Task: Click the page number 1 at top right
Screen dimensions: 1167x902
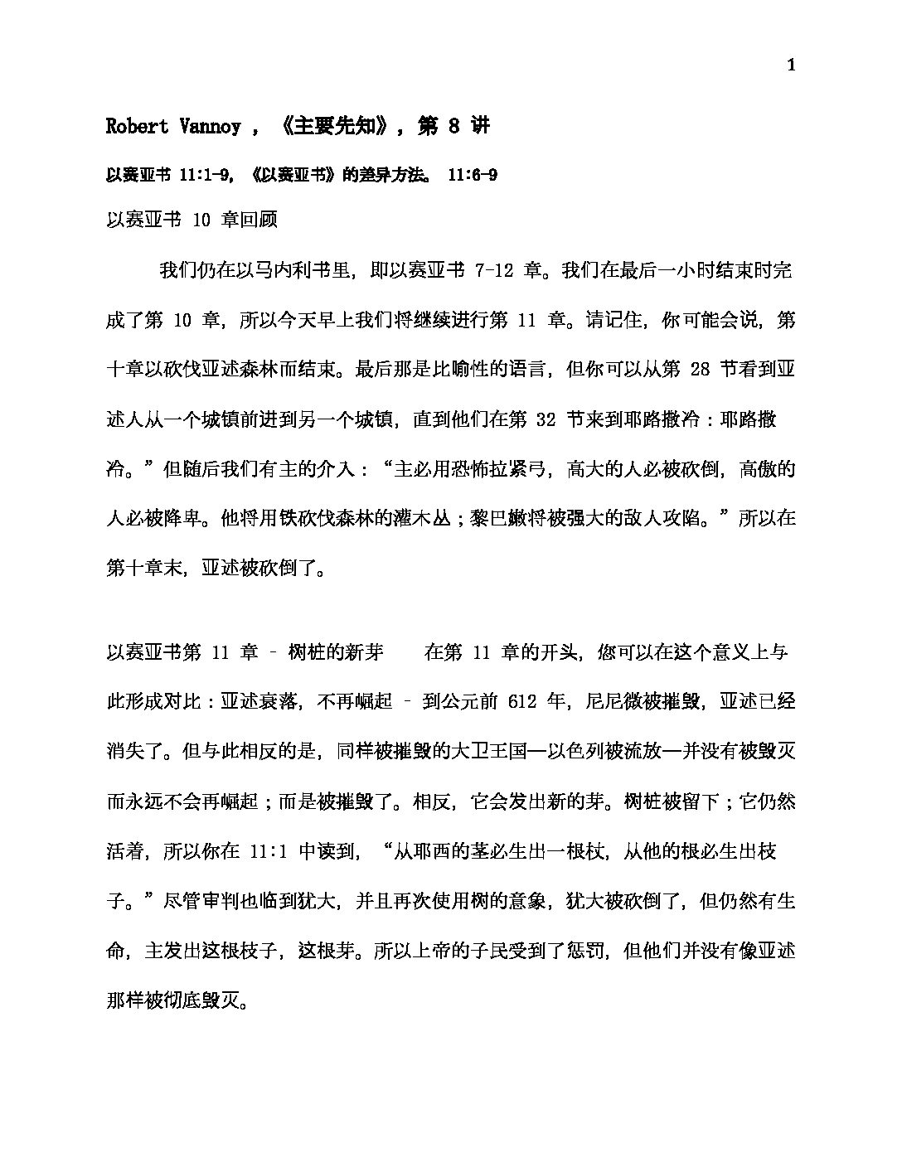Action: pyautogui.click(x=791, y=66)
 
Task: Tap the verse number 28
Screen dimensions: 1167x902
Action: pyautogui.click(x=700, y=370)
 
